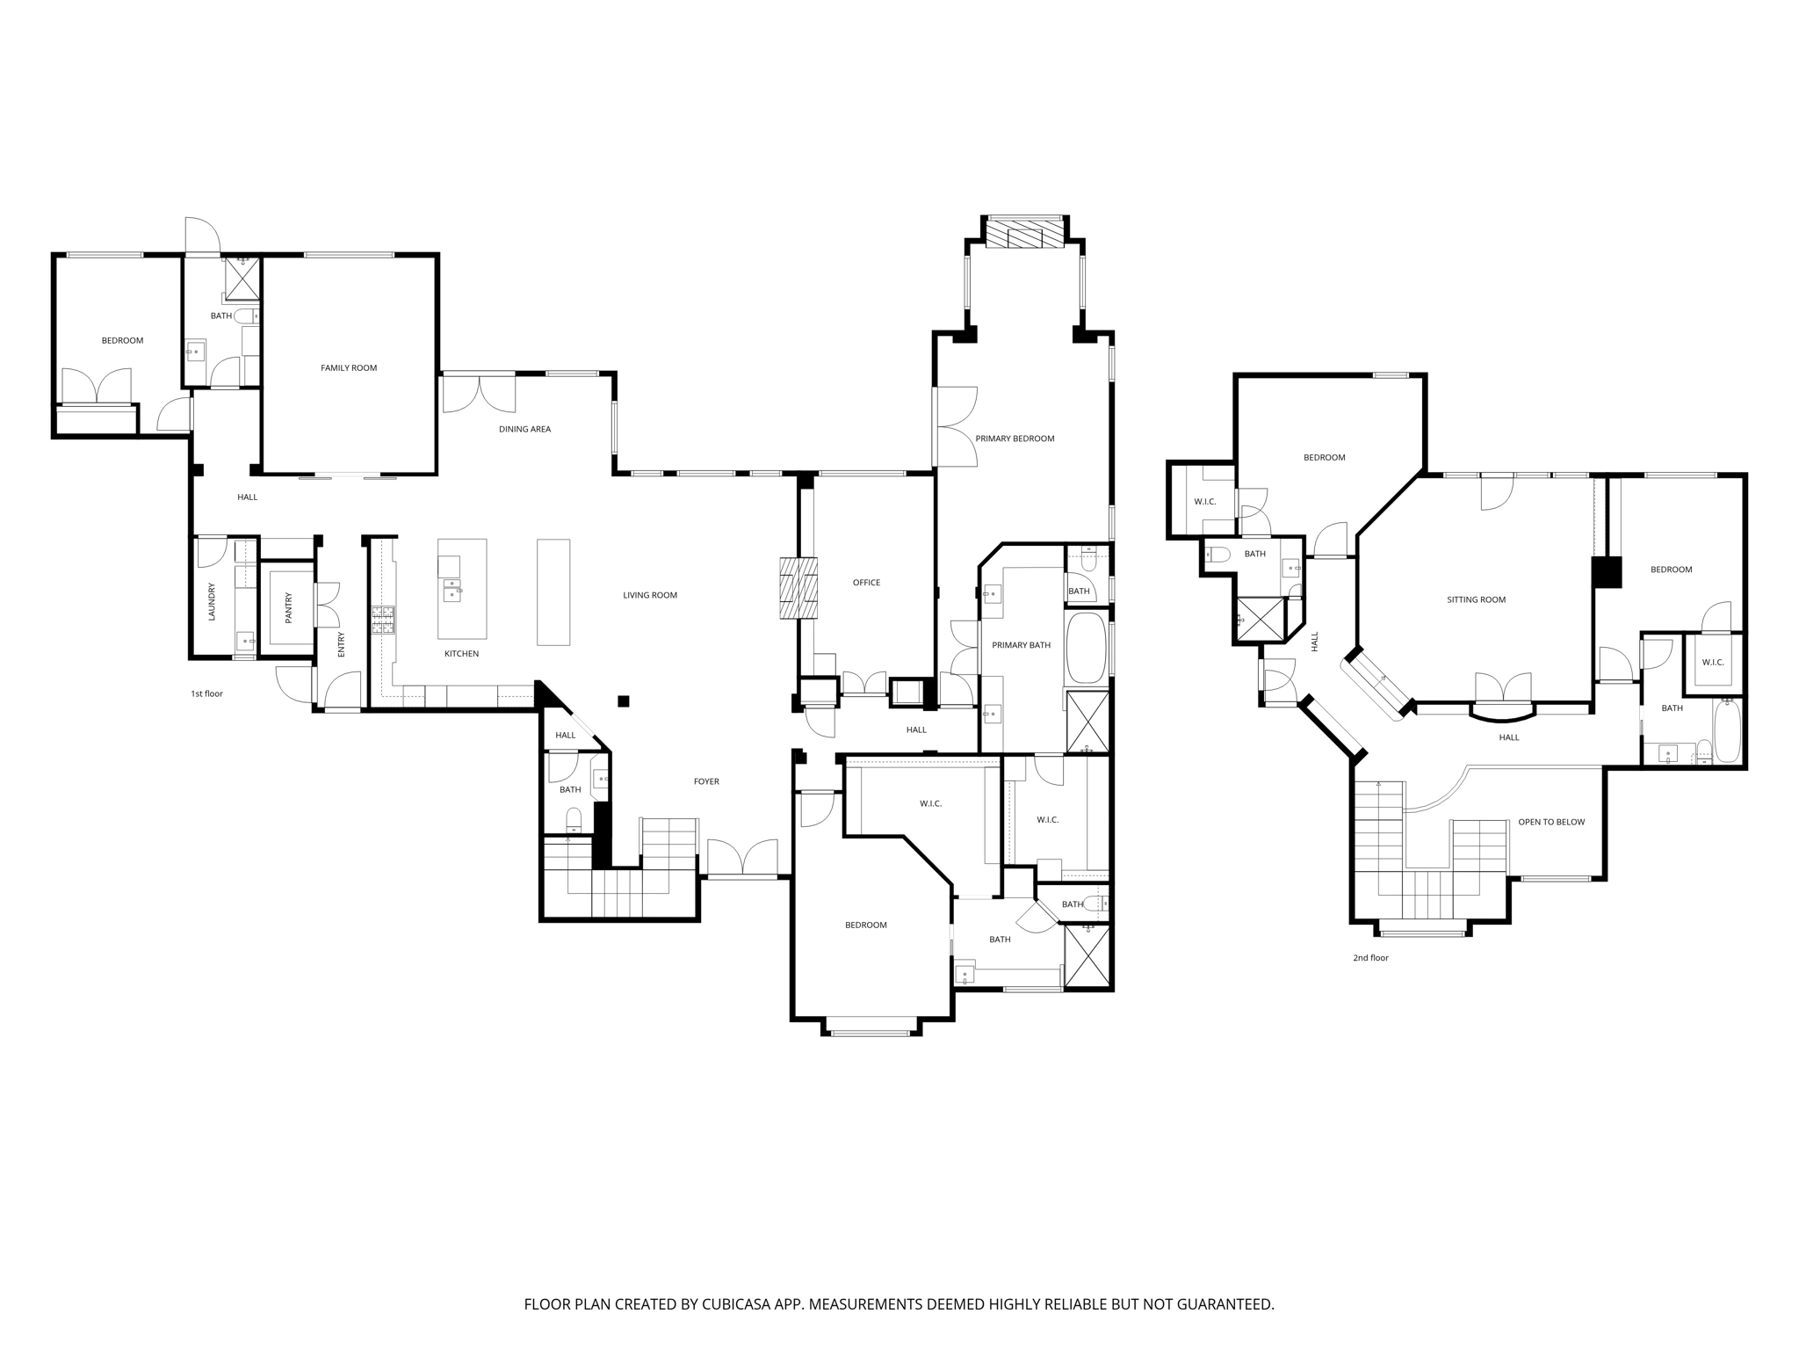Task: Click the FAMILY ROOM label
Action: point(349,368)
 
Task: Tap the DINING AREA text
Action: point(524,430)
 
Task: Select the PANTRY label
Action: point(288,608)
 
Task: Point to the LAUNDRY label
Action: point(212,602)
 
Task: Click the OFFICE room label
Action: point(866,583)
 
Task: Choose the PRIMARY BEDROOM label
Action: point(1015,439)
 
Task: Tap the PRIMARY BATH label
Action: point(1021,645)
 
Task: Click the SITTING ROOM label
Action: point(1476,600)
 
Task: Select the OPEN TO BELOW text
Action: point(1551,823)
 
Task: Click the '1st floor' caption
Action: point(207,694)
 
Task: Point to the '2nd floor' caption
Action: point(1370,958)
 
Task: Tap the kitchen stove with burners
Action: point(384,620)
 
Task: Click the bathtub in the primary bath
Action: point(1086,649)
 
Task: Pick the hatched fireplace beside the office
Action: point(798,588)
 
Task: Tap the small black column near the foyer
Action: point(624,700)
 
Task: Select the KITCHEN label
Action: point(461,654)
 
